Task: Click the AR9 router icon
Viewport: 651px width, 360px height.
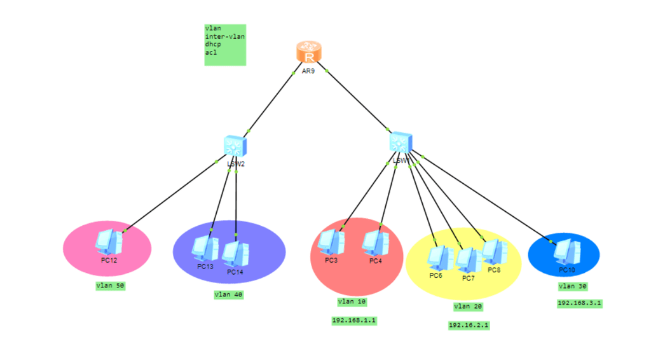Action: (309, 52)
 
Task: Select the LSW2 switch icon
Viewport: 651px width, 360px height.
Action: (235, 146)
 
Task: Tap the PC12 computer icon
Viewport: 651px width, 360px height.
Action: (109, 242)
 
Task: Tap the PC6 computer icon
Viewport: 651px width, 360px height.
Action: (437, 258)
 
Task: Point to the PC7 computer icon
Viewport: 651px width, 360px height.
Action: (468, 260)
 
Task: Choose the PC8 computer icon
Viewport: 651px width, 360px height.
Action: (494, 252)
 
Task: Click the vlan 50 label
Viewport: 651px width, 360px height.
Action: (110, 286)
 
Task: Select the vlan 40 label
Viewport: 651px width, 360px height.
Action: (229, 294)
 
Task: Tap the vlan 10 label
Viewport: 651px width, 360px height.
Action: (352, 301)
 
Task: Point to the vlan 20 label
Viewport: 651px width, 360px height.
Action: (468, 307)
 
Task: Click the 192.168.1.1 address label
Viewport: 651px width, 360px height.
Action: (354, 321)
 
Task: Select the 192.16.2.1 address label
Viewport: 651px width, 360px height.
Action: (469, 325)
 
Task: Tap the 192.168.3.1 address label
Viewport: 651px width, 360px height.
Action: (579, 303)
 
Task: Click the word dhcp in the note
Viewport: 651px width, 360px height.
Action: (212, 45)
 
